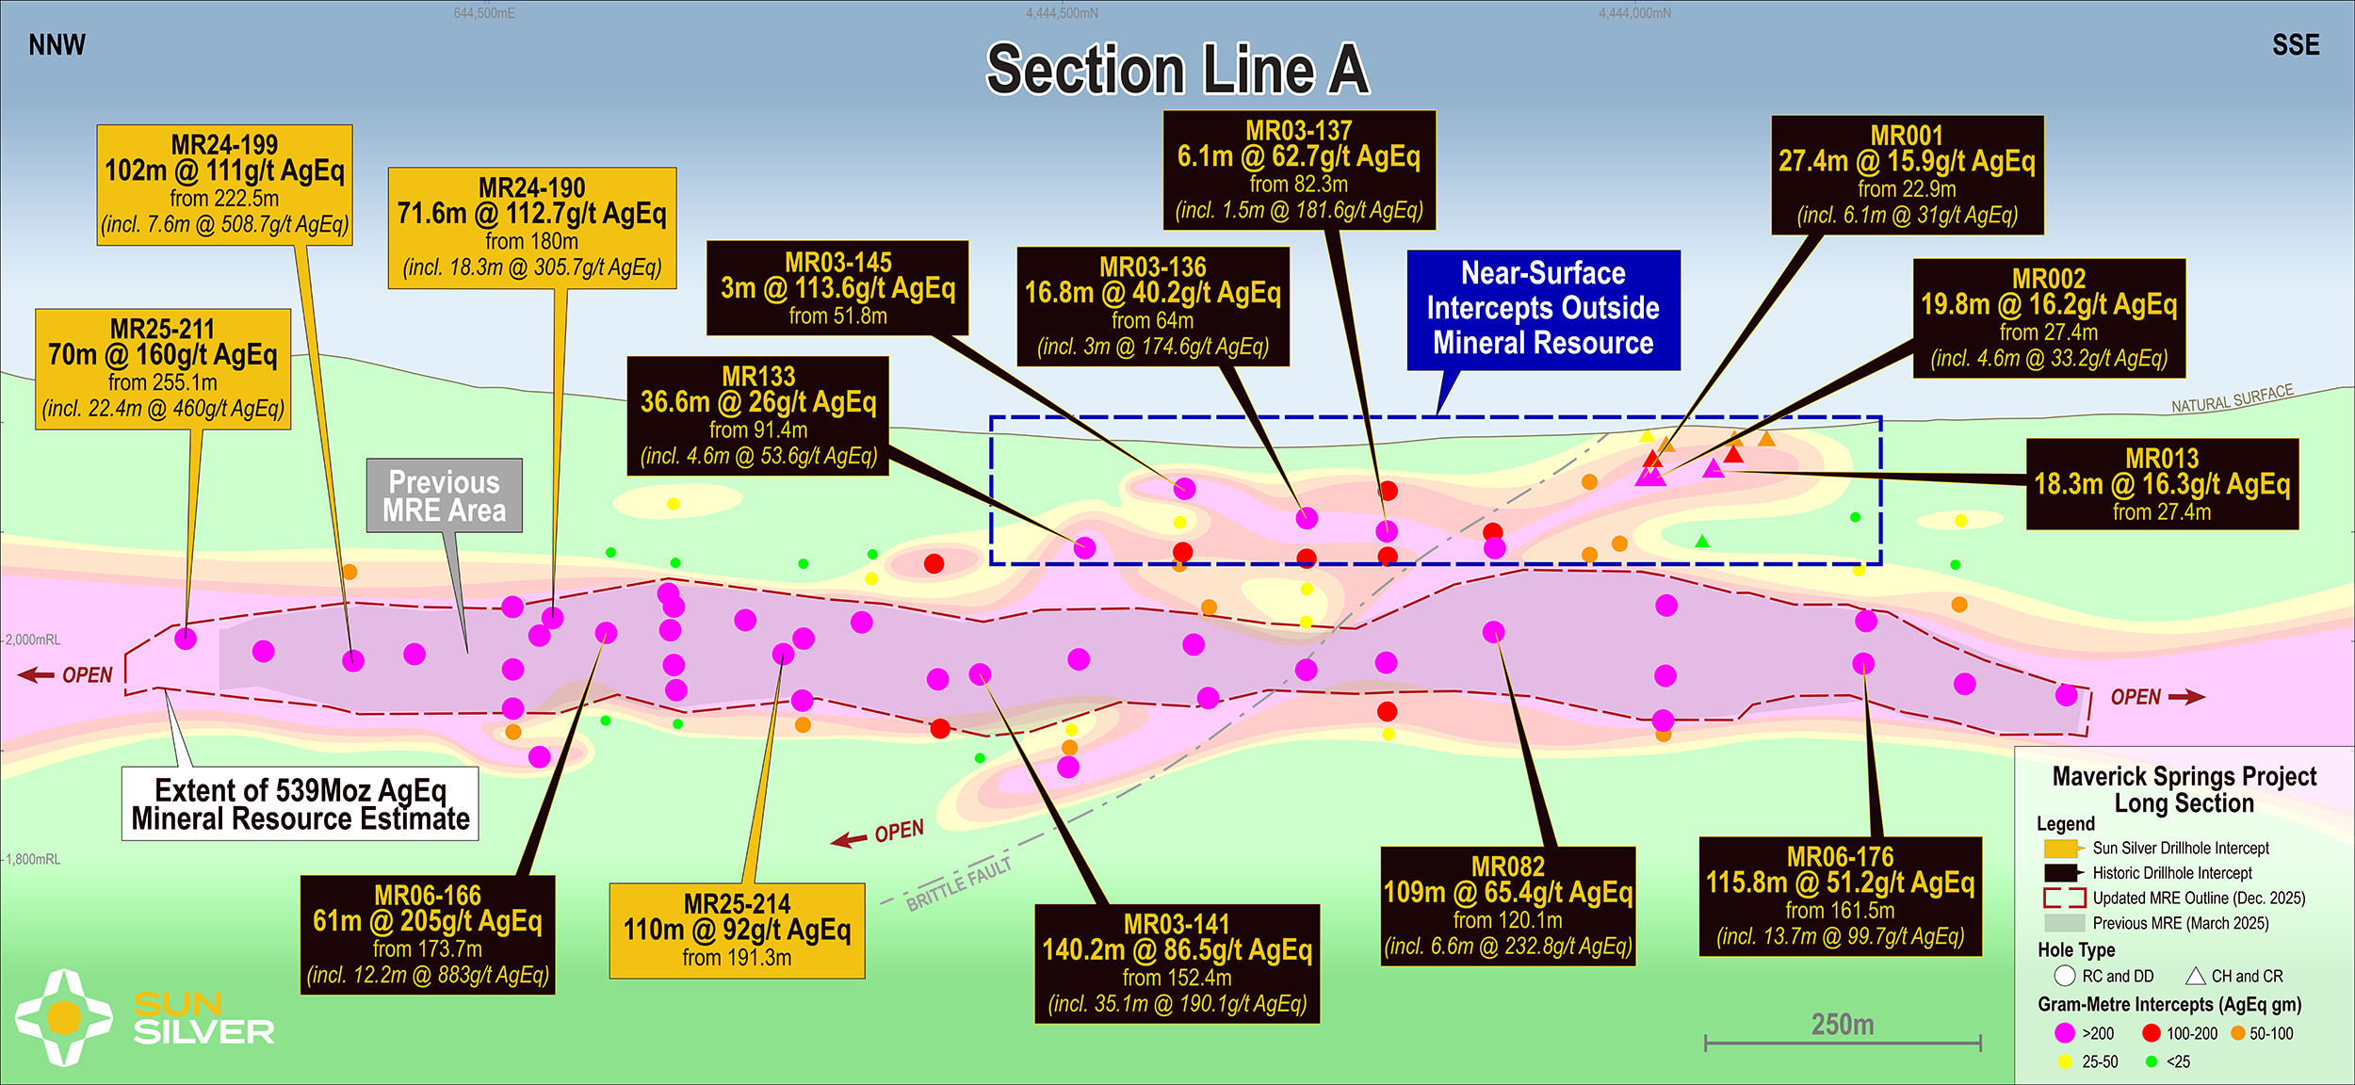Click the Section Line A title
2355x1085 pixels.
click(x=1177, y=70)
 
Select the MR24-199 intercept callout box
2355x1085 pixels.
click(x=224, y=185)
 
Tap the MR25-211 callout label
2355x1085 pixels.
click(x=163, y=368)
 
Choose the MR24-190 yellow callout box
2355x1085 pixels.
click(x=532, y=228)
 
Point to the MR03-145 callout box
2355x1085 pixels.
click(x=837, y=288)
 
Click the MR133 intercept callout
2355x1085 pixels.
click(x=758, y=415)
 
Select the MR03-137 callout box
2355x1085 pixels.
click(x=1299, y=170)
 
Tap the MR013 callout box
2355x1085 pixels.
click(x=2162, y=484)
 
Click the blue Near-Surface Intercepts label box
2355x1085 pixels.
click(x=1543, y=309)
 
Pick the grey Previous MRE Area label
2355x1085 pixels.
click(x=445, y=495)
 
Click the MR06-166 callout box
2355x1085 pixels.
click(x=428, y=934)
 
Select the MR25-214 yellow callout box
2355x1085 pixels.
click(x=737, y=931)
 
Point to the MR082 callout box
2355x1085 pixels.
click(x=1508, y=906)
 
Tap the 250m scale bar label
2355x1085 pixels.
click(x=1843, y=1025)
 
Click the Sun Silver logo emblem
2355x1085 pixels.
click(x=64, y=1017)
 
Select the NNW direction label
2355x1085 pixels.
click(x=57, y=45)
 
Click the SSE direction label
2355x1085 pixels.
click(x=2296, y=45)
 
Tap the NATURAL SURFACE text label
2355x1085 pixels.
click(x=2232, y=399)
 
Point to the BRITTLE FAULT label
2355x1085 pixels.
click(x=959, y=884)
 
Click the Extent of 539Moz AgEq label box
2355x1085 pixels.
click(x=300, y=803)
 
